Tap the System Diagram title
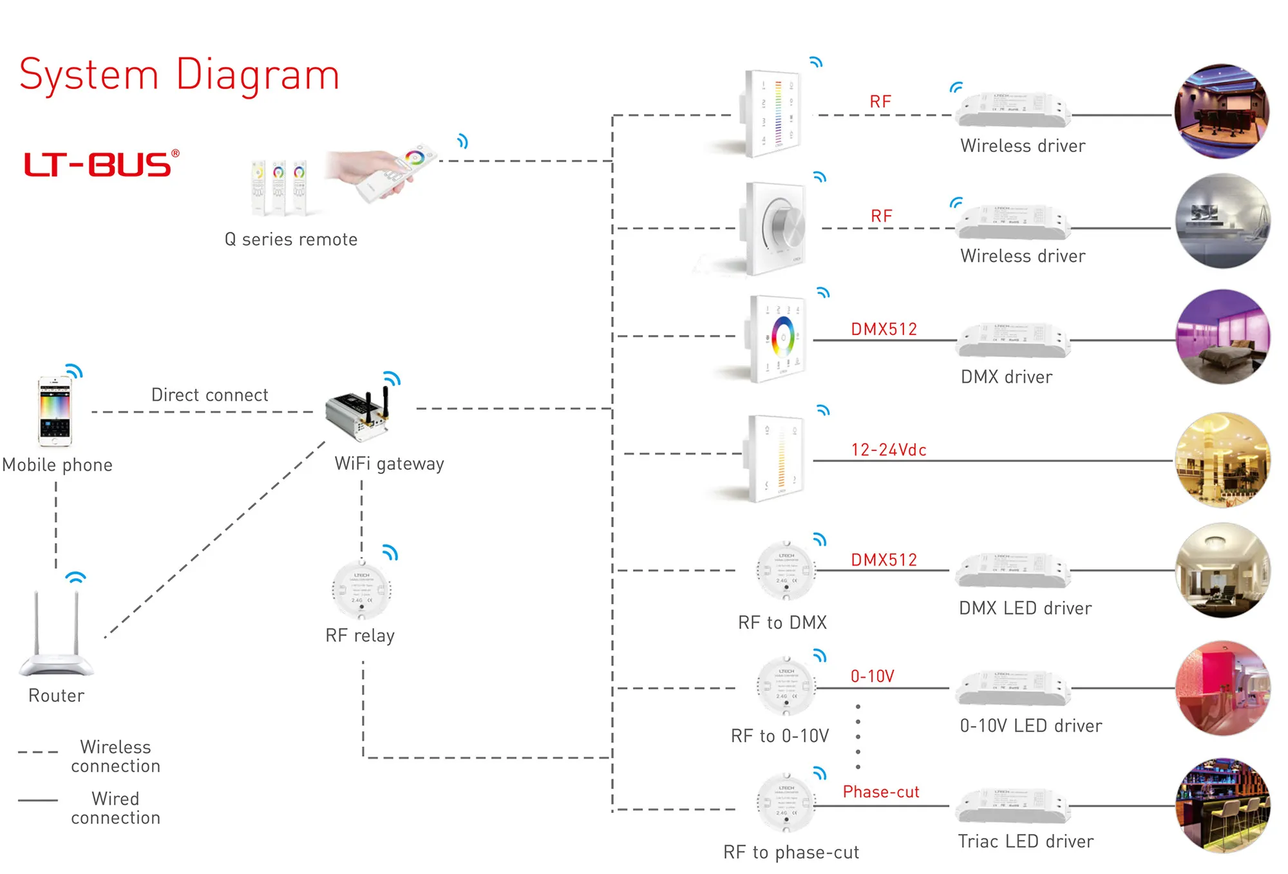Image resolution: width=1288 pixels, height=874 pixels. click(179, 75)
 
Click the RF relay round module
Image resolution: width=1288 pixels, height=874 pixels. click(361, 591)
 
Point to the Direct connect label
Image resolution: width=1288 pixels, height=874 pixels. click(209, 395)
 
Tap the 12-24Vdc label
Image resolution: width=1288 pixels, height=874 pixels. click(889, 450)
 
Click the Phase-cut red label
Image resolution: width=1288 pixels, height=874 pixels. click(881, 792)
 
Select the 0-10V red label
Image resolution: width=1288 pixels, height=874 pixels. click(873, 676)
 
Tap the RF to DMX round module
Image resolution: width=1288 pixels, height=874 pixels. click(786, 571)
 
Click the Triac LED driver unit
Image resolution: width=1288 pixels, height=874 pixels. click(1013, 806)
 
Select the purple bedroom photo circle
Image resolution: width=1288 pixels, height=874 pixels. click(1222, 337)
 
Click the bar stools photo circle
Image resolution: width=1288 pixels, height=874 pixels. click(1222, 805)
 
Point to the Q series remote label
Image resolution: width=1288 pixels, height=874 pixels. click(290, 240)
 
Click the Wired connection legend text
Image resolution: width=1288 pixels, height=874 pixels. click(115, 808)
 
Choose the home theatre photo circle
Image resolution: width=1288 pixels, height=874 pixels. click(1222, 111)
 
